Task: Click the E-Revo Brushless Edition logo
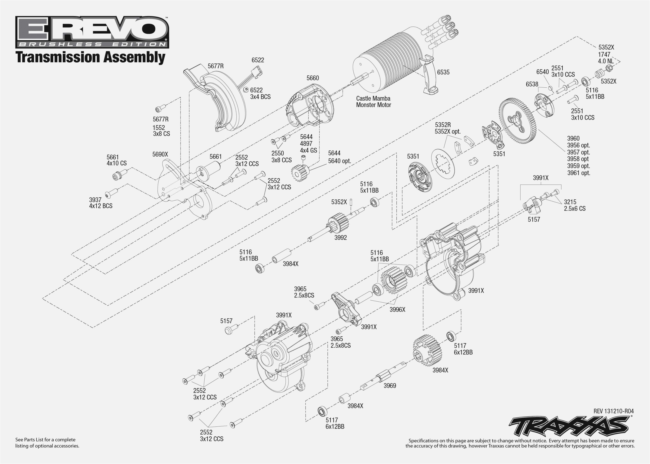92,32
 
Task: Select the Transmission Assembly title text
90,57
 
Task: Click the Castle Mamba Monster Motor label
373,102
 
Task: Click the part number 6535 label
443,72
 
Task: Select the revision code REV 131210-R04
613,411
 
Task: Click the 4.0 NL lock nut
609,68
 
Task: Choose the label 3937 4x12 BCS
101,203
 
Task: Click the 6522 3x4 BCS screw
246,90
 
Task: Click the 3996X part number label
397,310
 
